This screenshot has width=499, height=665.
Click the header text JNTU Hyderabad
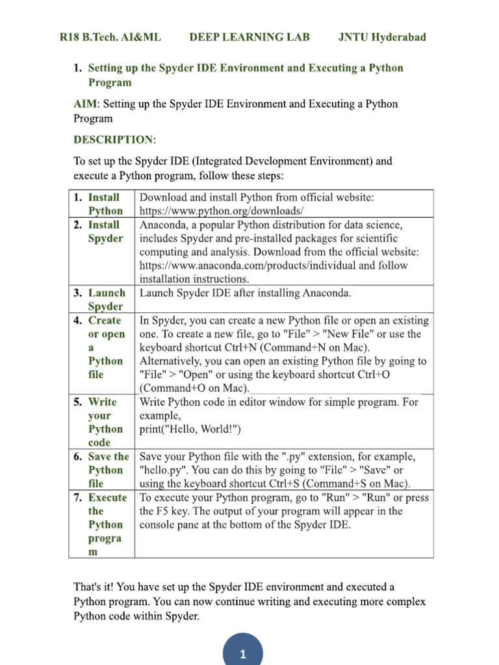coord(382,37)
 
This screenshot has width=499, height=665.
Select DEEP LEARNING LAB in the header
coord(249,37)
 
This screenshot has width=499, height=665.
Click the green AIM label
coord(86,104)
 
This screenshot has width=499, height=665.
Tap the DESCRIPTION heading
coord(113,140)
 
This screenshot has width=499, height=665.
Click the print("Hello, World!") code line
coord(190,429)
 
